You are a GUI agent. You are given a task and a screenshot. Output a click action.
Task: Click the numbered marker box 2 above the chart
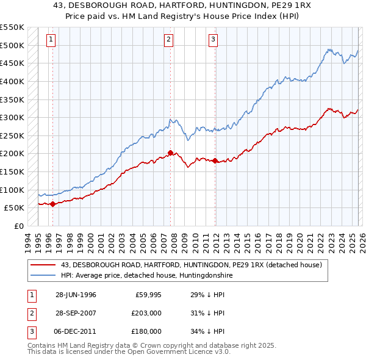pos(168,40)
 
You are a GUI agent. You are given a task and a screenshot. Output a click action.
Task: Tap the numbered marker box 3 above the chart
pos(213,40)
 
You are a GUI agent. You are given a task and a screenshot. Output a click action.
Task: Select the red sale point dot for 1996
pos(52,204)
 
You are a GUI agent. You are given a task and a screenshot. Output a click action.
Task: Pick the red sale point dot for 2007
pos(171,153)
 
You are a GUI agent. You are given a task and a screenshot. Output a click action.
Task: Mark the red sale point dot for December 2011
pos(215,160)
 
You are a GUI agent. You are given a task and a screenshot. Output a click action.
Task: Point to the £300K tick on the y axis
pos(12,117)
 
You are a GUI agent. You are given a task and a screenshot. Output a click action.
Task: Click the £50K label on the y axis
pos(15,208)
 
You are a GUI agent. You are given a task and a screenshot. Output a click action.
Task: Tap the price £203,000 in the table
pos(146,313)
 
